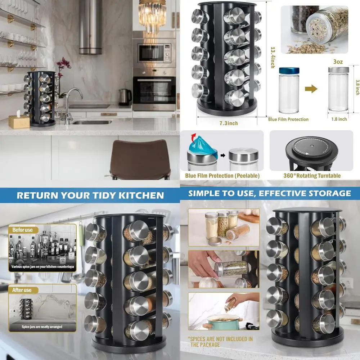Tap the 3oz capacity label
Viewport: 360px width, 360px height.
338,62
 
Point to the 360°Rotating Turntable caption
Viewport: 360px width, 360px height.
311,176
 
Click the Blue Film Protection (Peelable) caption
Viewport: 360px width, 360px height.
222,176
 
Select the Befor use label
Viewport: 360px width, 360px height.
23,230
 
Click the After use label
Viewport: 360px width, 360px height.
22,290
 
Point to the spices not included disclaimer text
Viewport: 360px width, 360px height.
220,342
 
